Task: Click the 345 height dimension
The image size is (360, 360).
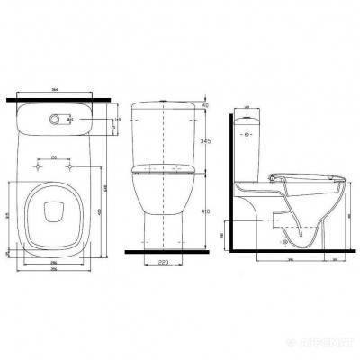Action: [x=209, y=142]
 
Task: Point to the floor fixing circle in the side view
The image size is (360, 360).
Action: [x=286, y=240]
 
